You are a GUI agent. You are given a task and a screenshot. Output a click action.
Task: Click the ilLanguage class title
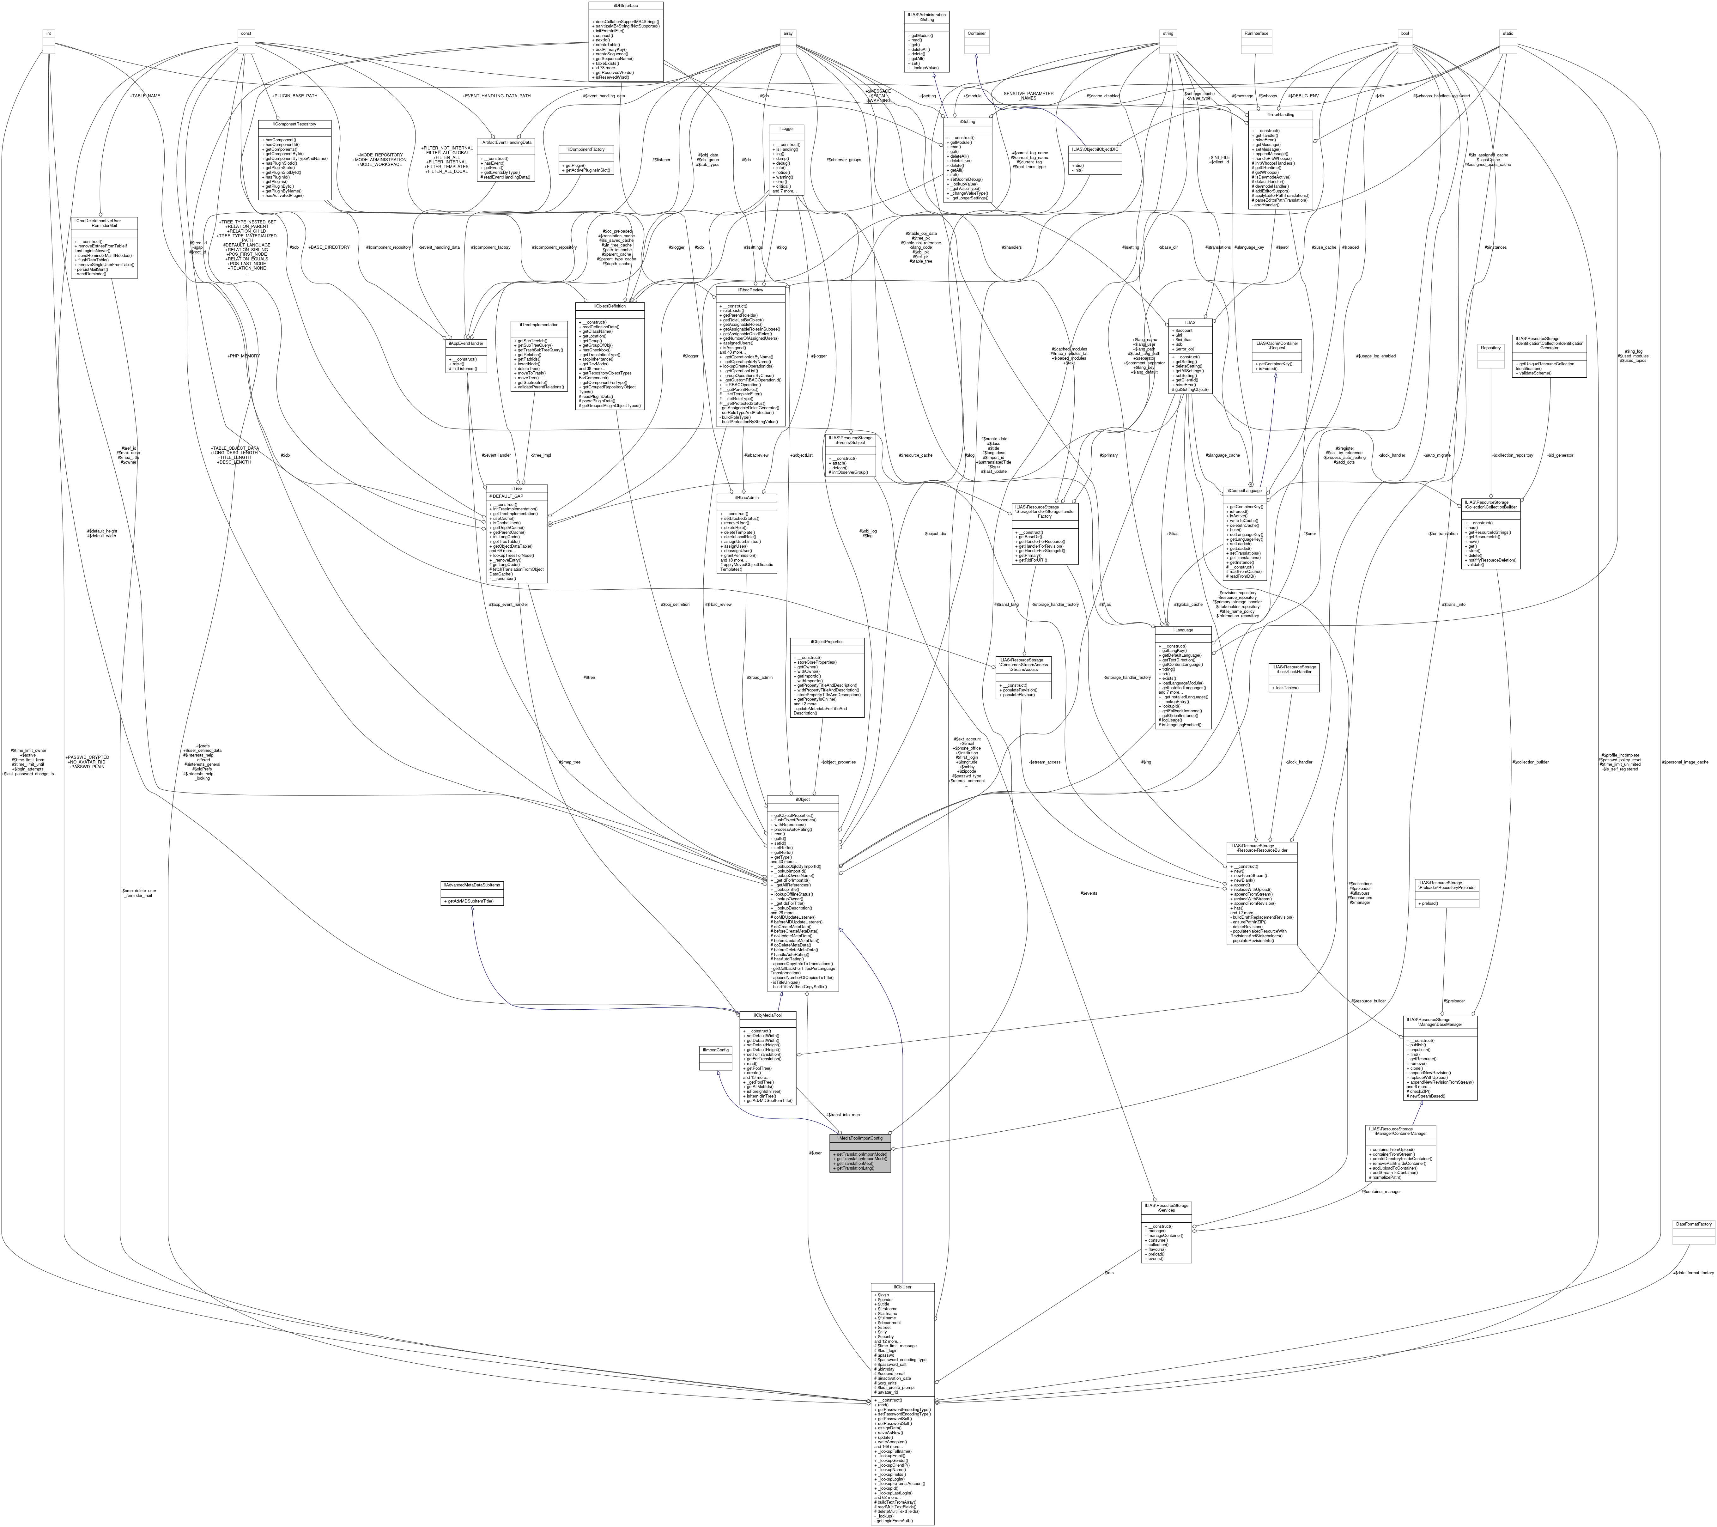click(1183, 629)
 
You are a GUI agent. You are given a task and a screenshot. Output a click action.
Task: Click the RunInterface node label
click(1257, 33)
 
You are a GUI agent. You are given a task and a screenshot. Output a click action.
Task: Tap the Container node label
click(976, 33)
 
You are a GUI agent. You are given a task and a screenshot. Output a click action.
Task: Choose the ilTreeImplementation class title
click(539, 324)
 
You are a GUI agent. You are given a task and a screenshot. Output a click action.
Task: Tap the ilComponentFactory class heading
click(586, 149)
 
